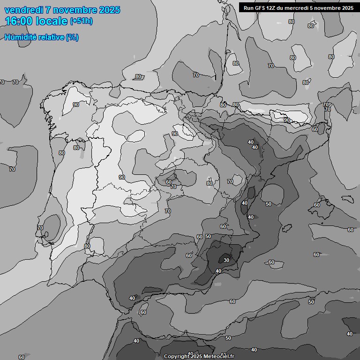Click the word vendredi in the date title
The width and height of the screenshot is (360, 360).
(x=24, y=10)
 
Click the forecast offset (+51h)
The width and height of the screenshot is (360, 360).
(x=81, y=22)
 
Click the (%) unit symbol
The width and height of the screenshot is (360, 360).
(x=72, y=37)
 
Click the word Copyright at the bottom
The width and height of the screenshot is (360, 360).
(x=176, y=357)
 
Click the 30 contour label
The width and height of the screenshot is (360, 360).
(x=226, y=260)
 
